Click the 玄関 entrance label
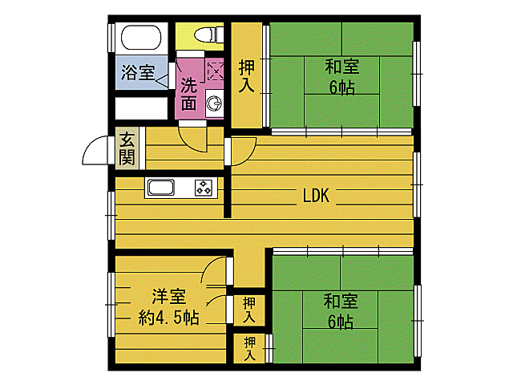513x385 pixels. (127, 148)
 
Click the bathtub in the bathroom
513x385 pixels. (141, 38)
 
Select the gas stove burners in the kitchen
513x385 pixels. (204, 188)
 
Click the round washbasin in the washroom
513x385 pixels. (215, 102)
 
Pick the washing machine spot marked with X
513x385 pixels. (216, 70)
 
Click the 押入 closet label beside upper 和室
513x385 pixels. (248, 77)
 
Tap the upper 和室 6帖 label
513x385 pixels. (341, 76)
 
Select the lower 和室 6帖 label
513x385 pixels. (340, 311)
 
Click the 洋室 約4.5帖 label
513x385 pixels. (168, 306)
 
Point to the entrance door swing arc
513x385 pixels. (95, 150)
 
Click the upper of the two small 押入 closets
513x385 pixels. (250, 310)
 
